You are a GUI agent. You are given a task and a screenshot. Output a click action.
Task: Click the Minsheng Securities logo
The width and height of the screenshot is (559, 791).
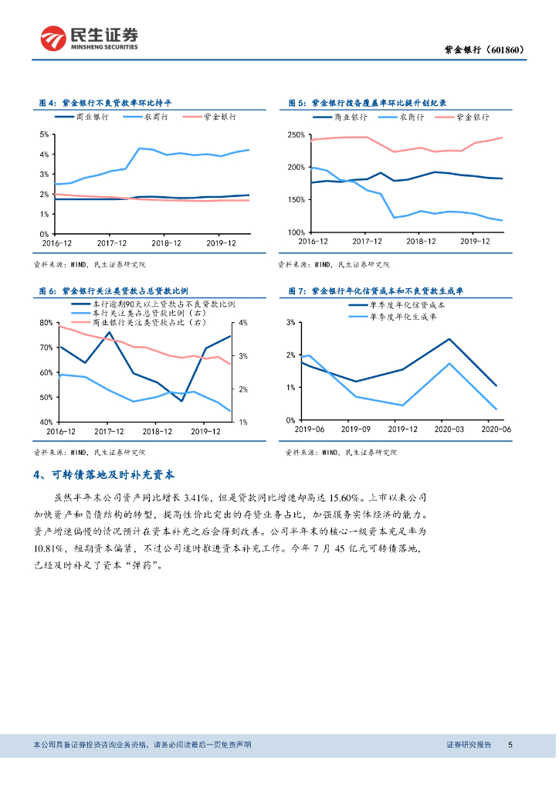click(x=90, y=36)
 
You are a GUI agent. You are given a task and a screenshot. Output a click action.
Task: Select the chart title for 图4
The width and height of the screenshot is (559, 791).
click(x=105, y=103)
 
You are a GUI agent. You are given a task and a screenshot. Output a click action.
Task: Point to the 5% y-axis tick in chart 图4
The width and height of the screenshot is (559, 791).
click(x=43, y=135)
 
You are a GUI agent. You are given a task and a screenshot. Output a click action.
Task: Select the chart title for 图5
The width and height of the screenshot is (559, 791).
click(x=368, y=103)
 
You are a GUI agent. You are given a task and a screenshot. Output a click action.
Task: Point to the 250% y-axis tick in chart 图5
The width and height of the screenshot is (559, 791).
click(x=296, y=135)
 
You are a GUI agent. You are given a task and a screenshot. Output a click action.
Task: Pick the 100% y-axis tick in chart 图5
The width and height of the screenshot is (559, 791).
click(x=296, y=233)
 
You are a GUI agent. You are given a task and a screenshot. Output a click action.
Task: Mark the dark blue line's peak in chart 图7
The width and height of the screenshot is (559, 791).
click(x=449, y=338)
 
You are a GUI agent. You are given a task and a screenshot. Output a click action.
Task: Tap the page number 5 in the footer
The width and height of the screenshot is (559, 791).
click(x=510, y=745)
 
